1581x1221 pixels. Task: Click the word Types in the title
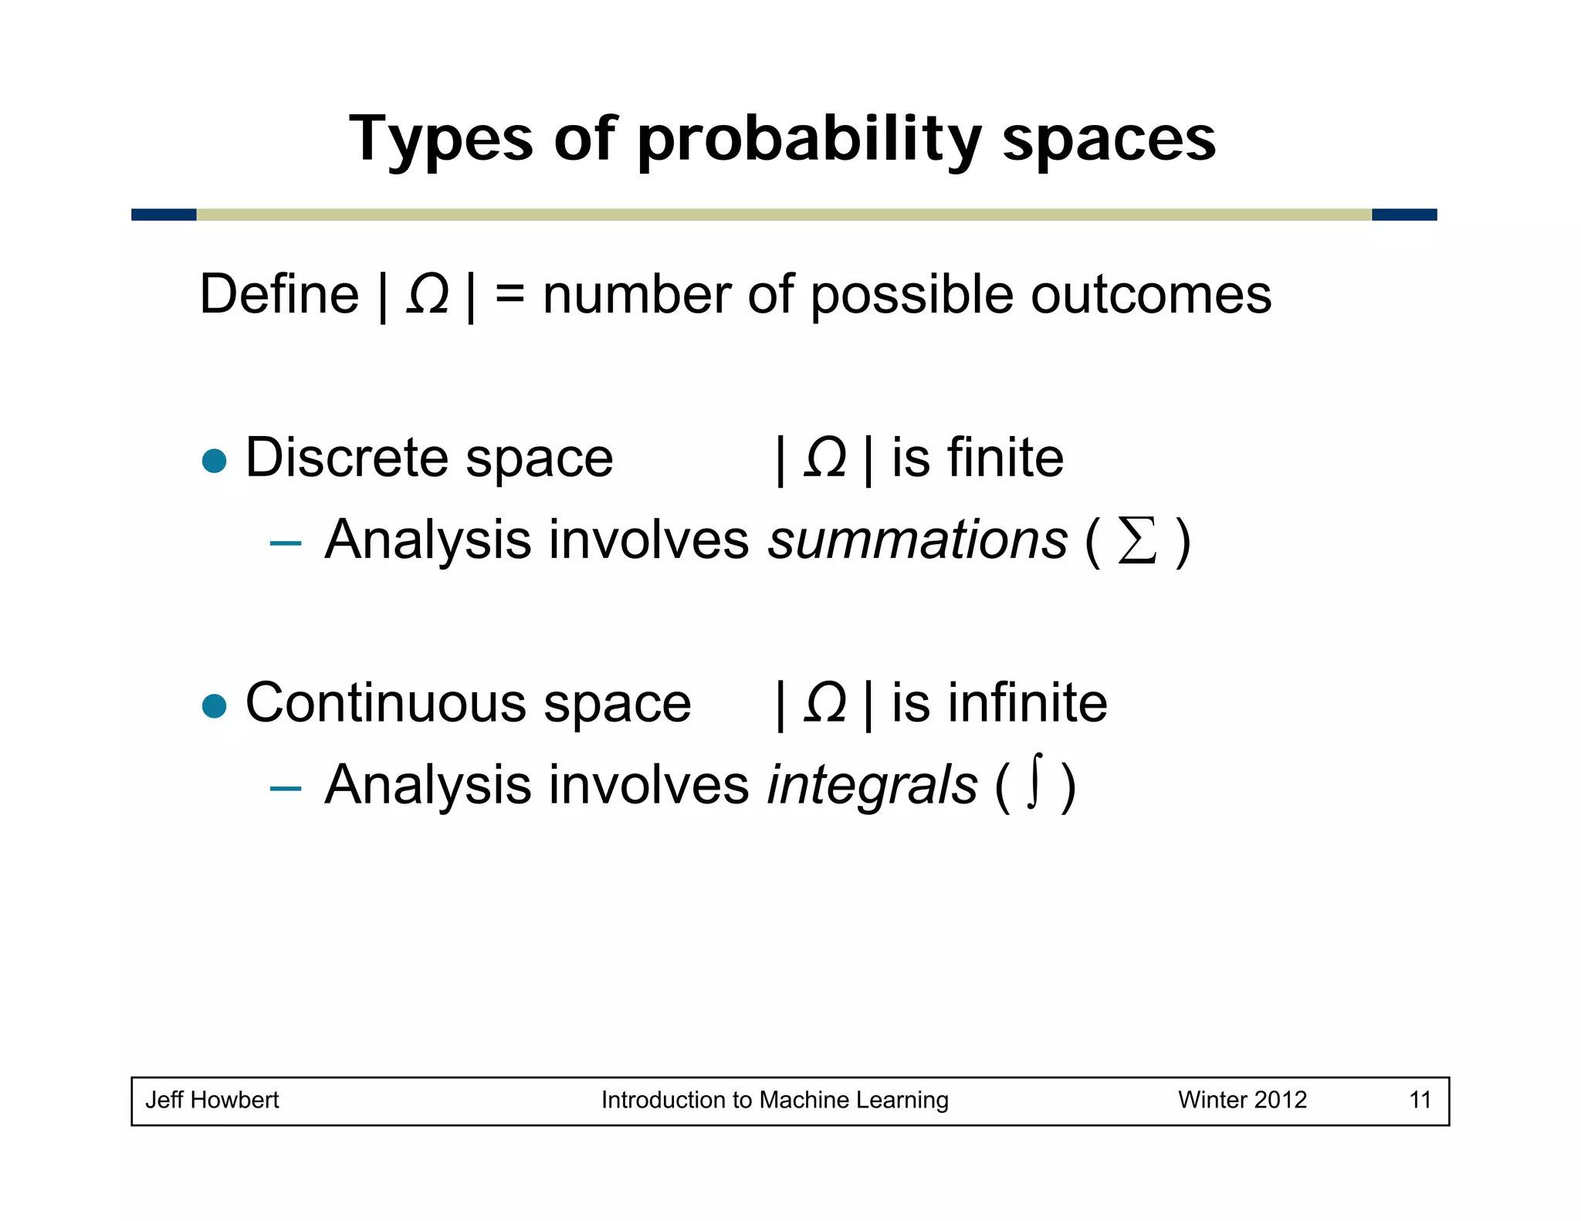pos(440,140)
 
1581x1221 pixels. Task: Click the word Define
pos(279,295)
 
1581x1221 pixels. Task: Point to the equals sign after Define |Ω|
pos(510,296)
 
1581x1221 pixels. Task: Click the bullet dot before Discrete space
pos(214,461)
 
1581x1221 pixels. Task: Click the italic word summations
pos(917,539)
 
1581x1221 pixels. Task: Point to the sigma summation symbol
pos(1137,541)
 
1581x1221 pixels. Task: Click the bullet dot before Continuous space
pos(214,705)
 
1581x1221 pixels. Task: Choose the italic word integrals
pos(872,785)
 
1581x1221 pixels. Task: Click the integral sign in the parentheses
pos(1035,781)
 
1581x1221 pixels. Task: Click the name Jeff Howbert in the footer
pos(212,1100)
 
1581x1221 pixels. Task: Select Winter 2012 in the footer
pos(1241,1100)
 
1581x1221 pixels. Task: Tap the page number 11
pos(1420,1100)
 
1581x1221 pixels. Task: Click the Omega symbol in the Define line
pos(427,295)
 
